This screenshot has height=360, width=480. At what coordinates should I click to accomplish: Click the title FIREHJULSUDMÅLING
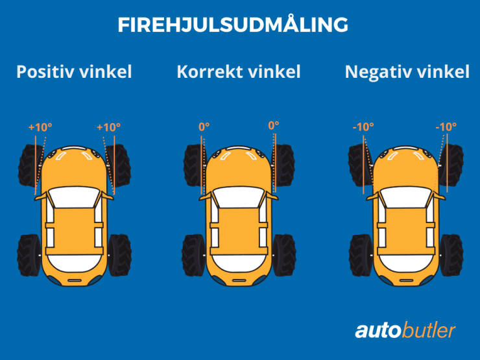[233, 25]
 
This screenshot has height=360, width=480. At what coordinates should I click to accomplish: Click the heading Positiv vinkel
[74, 71]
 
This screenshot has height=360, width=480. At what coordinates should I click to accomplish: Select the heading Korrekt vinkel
[239, 71]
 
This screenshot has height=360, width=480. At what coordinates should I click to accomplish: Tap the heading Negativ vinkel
[407, 71]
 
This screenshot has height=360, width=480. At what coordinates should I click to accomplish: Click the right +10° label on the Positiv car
[108, 127]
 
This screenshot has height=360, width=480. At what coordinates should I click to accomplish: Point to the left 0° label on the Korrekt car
[204, 126]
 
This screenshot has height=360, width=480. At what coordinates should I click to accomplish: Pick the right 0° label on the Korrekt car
[273, 125]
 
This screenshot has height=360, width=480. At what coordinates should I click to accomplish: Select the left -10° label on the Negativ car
[363, 126]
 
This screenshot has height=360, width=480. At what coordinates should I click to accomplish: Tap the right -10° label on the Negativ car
[446, 126]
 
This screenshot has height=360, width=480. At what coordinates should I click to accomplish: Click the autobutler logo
[405, 331]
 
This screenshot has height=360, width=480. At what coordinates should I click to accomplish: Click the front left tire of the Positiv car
[29, 167]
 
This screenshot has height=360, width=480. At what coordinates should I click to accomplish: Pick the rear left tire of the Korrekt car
[193, 255]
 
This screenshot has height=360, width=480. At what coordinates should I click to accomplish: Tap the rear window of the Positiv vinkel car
[73, 263]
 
